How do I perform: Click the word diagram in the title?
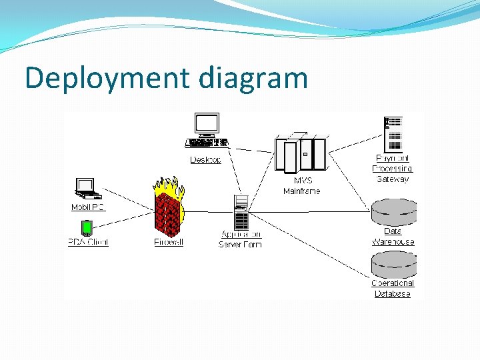(253, 79)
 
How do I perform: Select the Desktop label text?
(205, 160)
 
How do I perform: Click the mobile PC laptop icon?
(87, 189)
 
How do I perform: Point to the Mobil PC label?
(88, 207)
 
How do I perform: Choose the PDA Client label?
(88, 242)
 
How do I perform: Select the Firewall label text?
(169, 242)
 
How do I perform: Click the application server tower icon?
(241, 212)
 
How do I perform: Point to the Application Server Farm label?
(241, 239)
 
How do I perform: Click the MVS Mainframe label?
(302, 186)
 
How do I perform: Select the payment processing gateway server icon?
(394, 133)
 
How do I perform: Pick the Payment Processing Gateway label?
(393, 169)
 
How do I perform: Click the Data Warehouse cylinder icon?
(393, 211)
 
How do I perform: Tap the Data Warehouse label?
(393, 237)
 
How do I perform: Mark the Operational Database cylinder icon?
(393, 265)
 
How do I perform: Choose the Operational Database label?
(393, 289)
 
